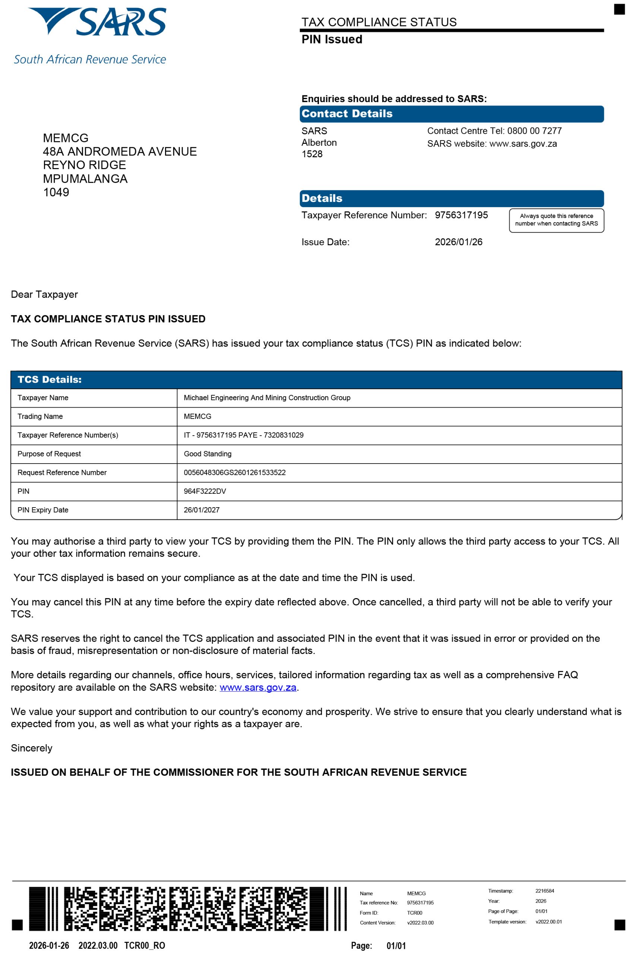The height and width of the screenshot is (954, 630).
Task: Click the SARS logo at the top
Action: [96, 22]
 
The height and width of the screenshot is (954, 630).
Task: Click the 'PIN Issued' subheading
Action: [332, 40]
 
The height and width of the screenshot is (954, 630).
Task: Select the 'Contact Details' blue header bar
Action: [451, 114]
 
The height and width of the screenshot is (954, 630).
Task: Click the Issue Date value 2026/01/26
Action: [459, 242]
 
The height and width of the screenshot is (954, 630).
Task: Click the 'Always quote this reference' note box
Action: [557, 220]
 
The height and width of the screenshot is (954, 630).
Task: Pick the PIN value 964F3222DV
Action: [205, 491]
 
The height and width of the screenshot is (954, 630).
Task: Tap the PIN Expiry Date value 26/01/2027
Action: [201, 510]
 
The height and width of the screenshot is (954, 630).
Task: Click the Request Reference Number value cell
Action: [235, 473]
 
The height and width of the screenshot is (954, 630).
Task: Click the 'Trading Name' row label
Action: [40, 416]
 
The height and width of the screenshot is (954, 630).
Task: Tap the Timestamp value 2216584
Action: [544, 891]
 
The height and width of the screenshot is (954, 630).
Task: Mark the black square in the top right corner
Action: [619, 9]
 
